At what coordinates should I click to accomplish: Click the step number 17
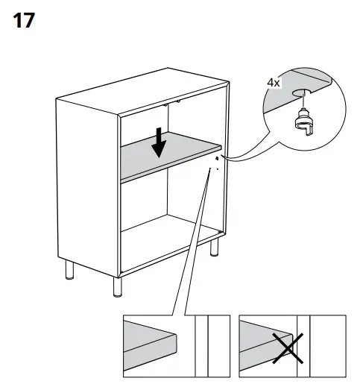click(x=24, y=20)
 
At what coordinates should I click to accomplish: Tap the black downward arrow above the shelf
click(x=159, y=142)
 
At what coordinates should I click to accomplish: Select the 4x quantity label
click(x=274, y=83)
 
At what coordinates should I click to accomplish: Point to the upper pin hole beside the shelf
click(x=216, y=157)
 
